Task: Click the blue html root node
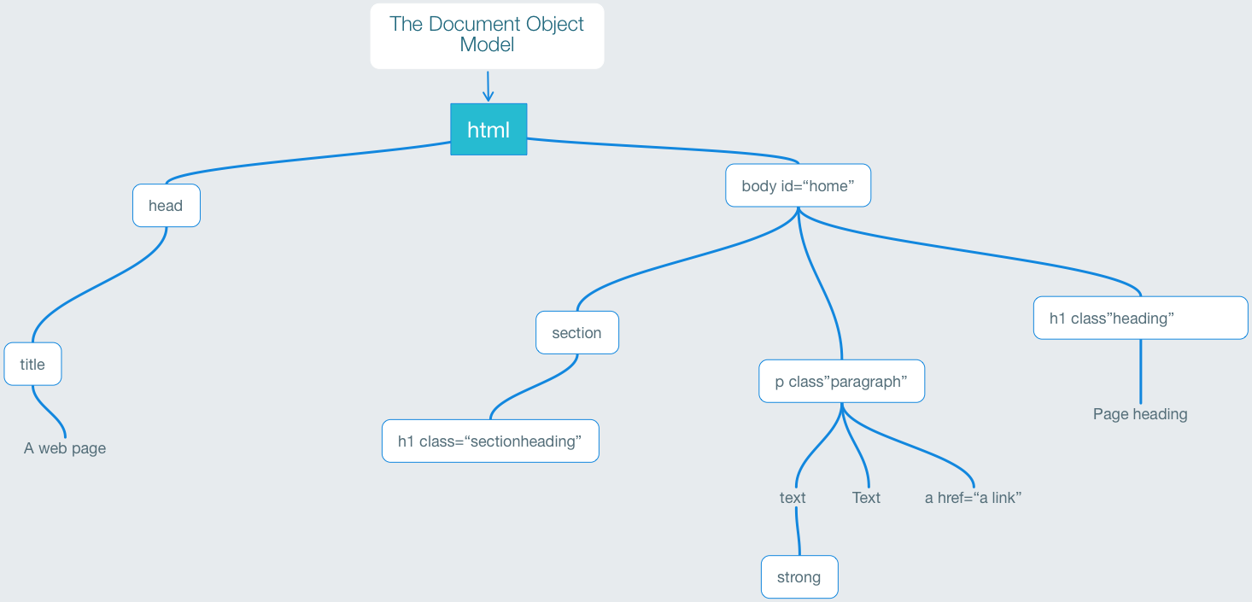point(489,130)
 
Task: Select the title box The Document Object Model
point(487,35)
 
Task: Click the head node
point(166,206)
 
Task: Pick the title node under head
point(32,365)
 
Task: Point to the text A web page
point(65,448)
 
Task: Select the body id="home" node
point(798,186)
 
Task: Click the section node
point(576,333)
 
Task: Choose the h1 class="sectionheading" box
point(489,441)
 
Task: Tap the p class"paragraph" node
point(841,382)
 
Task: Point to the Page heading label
point(1140,414)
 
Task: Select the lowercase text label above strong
point(793,498)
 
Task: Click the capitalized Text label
point(866,498)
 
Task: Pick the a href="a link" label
point(973,498)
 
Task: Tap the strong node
point(799,577)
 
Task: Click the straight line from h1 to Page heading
point(1140,371)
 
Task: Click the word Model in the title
point(487,45)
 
